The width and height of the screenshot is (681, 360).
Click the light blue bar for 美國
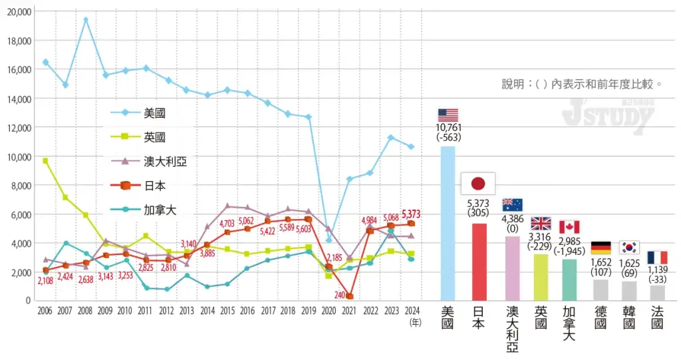coord(448,223)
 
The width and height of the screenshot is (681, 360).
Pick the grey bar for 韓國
coord(629,290)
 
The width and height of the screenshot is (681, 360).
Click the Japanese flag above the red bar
coord(477,183)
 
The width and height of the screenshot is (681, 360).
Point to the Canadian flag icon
coord(569,227)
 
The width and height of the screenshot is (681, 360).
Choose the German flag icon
coord(601,248)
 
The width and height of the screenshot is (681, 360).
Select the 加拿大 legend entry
coord(150,210)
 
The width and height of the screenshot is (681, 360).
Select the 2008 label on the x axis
coord(86,311)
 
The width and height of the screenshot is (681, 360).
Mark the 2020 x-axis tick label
coord(329,311)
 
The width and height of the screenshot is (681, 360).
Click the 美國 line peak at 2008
coord(86,19)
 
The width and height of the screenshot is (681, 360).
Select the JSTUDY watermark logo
coord(608,117)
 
